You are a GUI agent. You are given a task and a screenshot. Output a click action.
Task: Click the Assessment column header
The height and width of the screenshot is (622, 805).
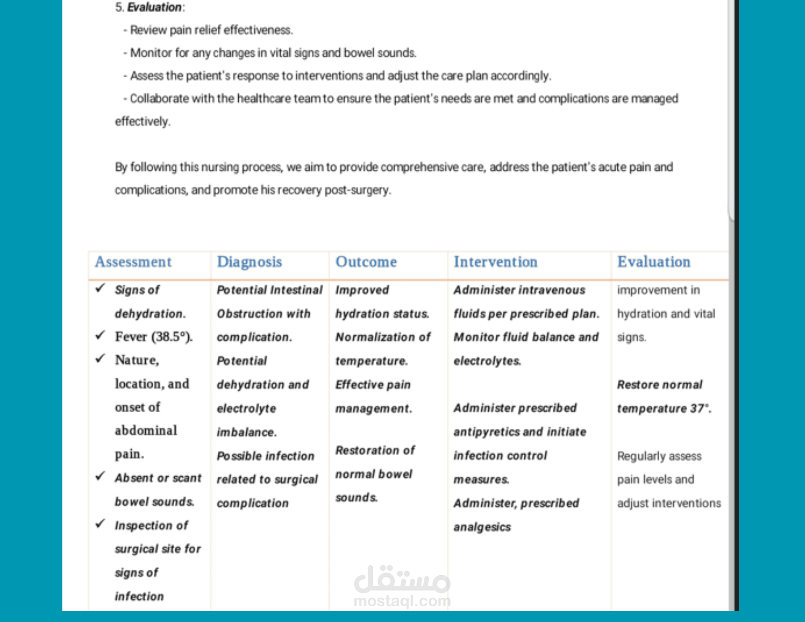[133, 262]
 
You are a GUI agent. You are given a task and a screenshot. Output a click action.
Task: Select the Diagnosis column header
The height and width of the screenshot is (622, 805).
[249, 262]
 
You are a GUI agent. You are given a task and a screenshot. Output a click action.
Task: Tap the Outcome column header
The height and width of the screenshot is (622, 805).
[366, 262]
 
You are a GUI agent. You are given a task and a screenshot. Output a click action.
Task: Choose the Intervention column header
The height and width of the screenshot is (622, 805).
[495, 262]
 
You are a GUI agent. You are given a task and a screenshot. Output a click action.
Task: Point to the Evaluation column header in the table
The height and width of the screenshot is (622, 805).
[654, 262]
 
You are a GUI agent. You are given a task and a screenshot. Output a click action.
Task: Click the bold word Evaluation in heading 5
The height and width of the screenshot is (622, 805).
[154, 7]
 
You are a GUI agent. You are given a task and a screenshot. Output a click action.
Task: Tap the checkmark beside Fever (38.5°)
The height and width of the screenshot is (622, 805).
[100, 335]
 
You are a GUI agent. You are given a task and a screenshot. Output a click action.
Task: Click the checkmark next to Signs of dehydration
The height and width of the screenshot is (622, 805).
[100, 288]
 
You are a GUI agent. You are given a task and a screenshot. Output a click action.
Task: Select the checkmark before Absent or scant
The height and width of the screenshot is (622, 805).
[100, 476]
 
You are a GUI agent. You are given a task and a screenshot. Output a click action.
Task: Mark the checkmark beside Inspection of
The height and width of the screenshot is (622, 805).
[100, 524]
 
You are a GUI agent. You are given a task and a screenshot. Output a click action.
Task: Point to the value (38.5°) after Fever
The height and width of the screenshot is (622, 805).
[171, 337]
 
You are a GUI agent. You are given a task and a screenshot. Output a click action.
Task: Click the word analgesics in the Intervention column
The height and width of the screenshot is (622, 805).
[482, 527]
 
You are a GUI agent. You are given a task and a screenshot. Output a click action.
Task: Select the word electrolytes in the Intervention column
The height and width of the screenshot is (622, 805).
[487, 361]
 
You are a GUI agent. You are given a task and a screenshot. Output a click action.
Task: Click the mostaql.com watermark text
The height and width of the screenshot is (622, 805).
[402, 601]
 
